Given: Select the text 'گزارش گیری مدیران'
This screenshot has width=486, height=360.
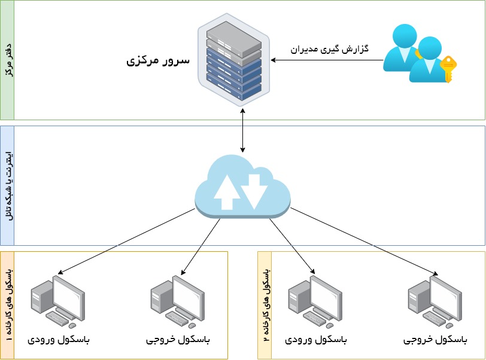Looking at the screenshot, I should tap(329, 48).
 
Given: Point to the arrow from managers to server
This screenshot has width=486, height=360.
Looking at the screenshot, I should tap(326, 60).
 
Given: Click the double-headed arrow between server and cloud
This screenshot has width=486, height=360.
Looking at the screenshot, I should tap(242, 129).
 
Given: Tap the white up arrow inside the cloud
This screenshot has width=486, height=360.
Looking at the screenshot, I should tap(227, 191).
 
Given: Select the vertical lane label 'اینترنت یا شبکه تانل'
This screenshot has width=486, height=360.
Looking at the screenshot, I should tap(7, 185).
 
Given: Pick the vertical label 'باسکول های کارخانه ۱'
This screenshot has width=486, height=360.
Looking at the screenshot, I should tap(7, 305).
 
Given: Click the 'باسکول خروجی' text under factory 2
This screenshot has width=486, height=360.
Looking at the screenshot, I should tap(435, 340).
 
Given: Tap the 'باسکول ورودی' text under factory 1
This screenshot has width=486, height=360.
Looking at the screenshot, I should tap(59, 340).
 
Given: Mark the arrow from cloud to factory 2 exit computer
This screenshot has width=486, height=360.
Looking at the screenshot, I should tap(365, 242).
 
